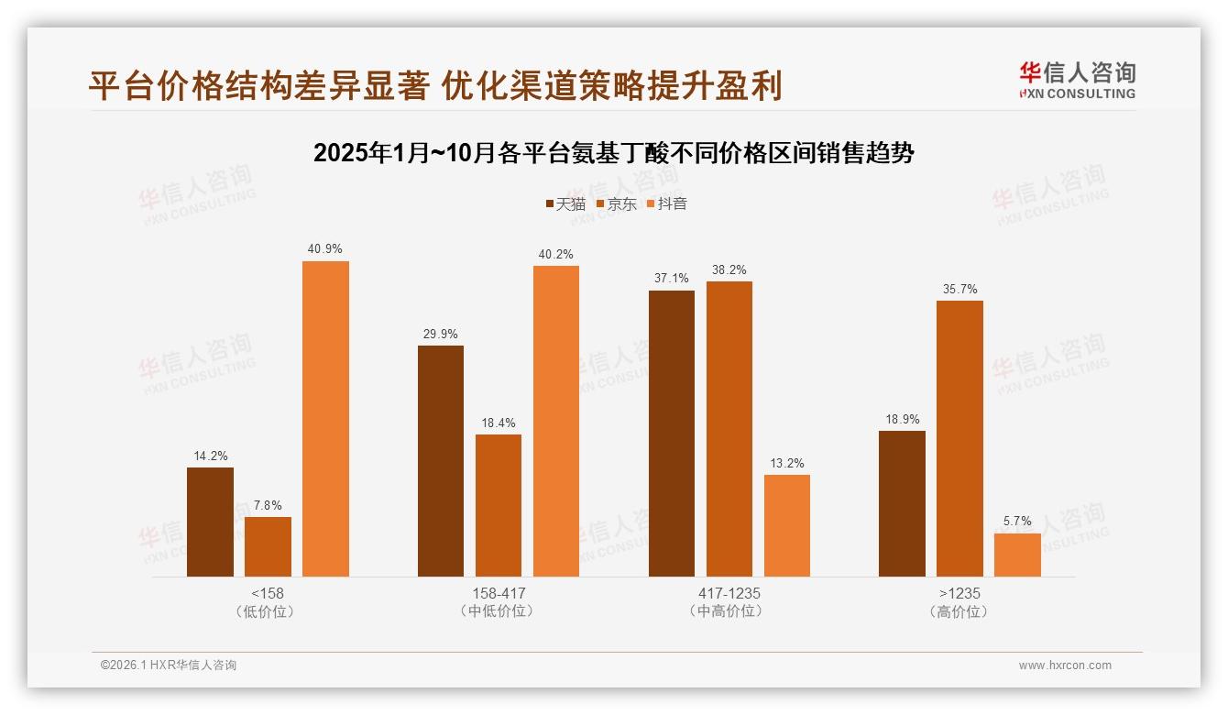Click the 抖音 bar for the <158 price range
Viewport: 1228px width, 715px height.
click(x=325, y=419)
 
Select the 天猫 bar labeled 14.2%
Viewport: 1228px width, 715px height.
click(x=210, y=522)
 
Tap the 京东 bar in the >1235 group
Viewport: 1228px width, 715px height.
click(x=959, y=438)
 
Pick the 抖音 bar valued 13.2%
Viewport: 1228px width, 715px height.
click(x=787, y=525)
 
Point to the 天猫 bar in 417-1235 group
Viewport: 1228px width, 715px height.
click(x=672, y=434)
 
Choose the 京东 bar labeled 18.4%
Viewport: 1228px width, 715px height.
click(x=499, y=505)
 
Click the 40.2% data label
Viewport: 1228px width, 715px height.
click(x=555, y=255)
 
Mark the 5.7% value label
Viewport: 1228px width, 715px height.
click(x=1017, y=522)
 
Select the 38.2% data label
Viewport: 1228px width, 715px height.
click(x=729, y=270)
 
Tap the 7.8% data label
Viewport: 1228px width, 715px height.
click(x=268, y=506)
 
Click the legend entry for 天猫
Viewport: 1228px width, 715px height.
click(x=565, y=204)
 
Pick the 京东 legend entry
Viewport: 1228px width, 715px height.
click(x=616, y=204)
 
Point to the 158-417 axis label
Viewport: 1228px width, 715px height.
click(x=499, y=593)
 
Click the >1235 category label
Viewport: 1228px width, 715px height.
click(x=959, y=593)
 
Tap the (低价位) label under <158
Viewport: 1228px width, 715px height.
click(x=268, y=611)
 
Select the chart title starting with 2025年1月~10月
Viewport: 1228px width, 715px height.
click(x=614, y=153)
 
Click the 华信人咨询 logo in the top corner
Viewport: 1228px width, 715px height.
click(x=1077, y=80)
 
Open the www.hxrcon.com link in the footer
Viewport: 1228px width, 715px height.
click(x=1065, y=665)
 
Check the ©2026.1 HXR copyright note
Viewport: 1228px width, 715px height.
click(x=169, y=665)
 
